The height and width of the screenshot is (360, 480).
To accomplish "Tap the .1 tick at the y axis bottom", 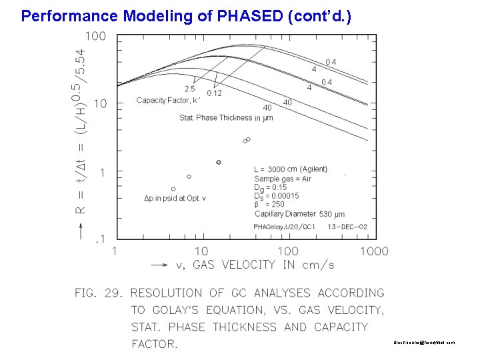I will point(99,239).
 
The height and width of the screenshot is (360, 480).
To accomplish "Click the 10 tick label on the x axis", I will point(200,251).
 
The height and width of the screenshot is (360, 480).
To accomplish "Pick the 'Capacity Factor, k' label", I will point(168,101).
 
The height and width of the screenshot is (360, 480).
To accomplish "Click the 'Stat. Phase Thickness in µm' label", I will point(226,118).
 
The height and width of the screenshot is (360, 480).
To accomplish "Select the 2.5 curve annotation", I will point(190,88).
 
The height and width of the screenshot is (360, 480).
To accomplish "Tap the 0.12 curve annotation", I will point(214,93).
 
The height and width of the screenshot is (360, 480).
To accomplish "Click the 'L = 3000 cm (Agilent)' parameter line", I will point(291,169).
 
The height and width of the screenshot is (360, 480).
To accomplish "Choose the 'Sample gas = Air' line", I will point(283,179).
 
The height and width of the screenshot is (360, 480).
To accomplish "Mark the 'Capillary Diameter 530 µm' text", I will point(299,214).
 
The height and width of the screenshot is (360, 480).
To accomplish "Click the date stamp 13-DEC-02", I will point(347,227).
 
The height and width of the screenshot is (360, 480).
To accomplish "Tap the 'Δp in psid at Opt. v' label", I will point(175,198).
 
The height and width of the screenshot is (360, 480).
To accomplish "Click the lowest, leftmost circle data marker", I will point(173,189).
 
